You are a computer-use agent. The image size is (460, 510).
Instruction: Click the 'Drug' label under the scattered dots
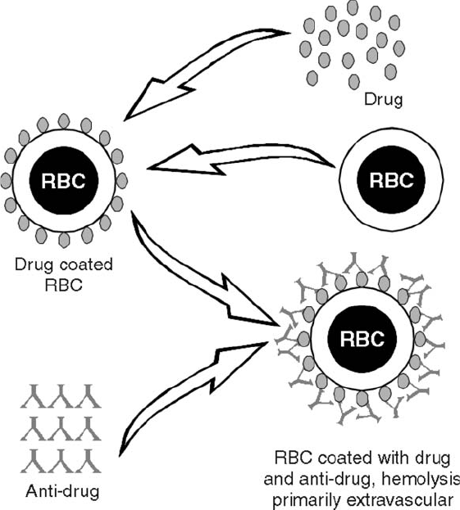point(384,99)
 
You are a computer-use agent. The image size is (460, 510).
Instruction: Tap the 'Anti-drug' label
point(62,491)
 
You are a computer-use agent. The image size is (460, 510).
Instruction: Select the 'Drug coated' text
point(64,264)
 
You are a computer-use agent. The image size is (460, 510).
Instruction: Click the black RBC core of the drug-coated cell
point(64,181)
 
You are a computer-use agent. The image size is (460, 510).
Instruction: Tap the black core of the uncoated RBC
point(391,180)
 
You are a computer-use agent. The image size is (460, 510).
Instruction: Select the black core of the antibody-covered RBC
point(362,339)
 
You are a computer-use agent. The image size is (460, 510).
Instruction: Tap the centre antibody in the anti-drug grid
point(61,429)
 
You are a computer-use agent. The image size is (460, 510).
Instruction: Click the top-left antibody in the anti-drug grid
point(34,396)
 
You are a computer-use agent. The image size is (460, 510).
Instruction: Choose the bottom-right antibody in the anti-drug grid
point(89,461)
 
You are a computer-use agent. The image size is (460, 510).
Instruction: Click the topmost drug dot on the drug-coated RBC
point(64,120)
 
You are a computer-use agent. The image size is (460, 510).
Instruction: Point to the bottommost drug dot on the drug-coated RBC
point(64,240)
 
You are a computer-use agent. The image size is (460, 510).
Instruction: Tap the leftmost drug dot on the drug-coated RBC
point(6,181)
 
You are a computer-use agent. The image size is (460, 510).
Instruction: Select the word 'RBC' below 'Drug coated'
point(64,285)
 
